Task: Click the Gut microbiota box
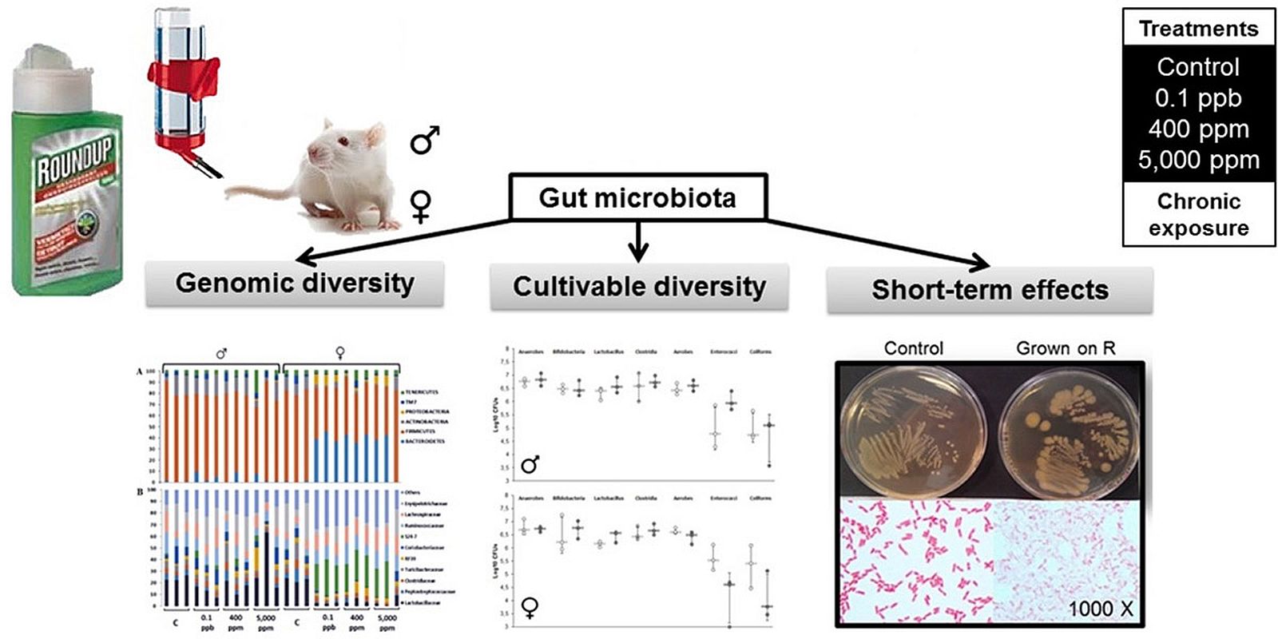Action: pos(637,197)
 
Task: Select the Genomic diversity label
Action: pos(295,284)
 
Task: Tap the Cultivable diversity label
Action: pos(639,287)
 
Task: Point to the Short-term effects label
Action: pos(990,290)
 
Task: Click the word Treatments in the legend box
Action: pos(1198,30)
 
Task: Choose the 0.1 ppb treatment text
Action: pos(1198,98)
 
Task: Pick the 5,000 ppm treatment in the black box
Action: pos(1198,161)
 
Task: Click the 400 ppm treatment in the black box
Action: pos(1198,129)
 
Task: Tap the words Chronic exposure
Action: pos(1198,215)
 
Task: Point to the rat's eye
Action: pos(344,141)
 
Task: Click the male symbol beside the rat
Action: pos(425,140)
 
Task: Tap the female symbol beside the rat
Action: pos(421,205)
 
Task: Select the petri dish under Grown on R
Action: pos(1069,432)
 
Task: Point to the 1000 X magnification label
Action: pos(1100,609)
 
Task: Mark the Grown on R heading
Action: pos(1066,348)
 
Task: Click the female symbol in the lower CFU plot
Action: pos(529,609)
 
